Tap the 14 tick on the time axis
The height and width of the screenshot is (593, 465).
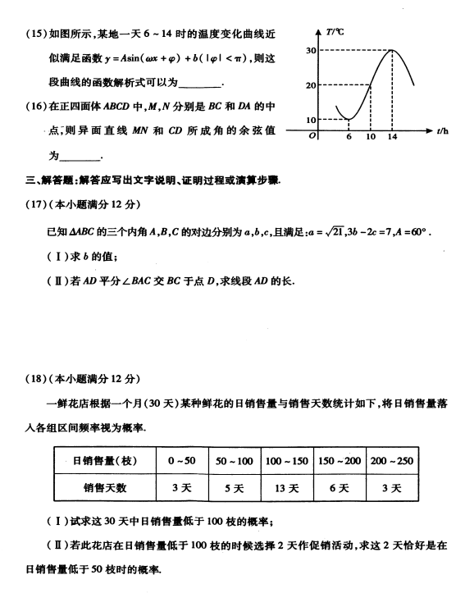(x=394, y=136)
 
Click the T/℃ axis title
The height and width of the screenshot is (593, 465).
(x=335, y=32)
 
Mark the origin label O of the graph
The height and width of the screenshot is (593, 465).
(x=312, y=137)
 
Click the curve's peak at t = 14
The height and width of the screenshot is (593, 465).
(x=394, y=51)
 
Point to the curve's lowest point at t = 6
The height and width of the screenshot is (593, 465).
(x=349, y=120)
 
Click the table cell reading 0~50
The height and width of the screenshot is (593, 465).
(x=182, y=461)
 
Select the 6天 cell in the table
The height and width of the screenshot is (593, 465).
(x=339, y=488)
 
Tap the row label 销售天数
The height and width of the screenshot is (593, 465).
(x=106, y=488)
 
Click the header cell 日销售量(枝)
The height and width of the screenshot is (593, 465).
(x=106, y=461)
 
